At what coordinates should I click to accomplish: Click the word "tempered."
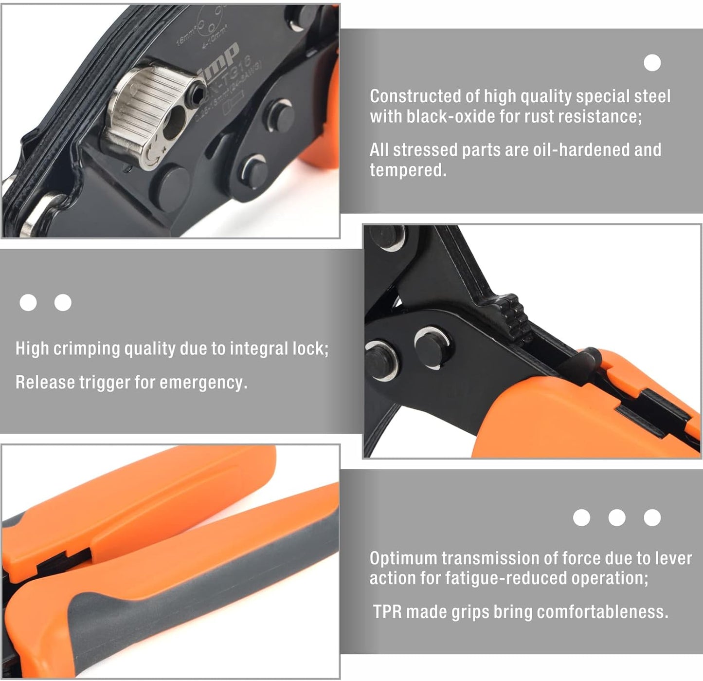point(408,170)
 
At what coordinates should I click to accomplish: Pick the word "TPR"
point(387,612)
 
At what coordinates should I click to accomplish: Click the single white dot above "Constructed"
point(652,63)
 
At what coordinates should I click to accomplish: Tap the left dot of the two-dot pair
point(28,303)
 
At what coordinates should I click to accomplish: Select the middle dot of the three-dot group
point(616,517)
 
